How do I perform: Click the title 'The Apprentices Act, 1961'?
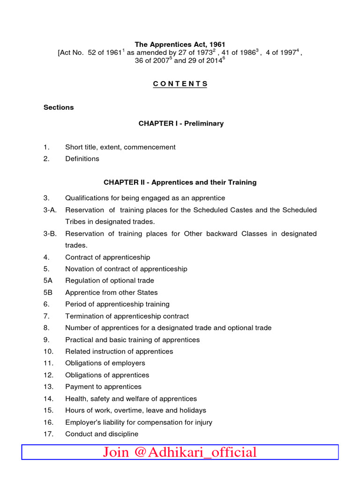point(180,45)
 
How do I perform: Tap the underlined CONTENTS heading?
point(180,84)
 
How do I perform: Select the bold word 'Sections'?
point(59,107)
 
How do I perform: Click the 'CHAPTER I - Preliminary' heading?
point(181,124)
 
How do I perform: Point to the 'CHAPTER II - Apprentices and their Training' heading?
point(180,182)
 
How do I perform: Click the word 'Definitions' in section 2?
point(82,159)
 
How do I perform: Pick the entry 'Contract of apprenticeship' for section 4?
point(107,257)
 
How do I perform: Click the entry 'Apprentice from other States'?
point(111,292)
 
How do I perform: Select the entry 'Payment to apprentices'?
point(103,387)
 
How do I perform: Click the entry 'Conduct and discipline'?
point(102,434)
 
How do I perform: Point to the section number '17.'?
point(49,434)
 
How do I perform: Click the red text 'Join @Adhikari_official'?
point(180,452)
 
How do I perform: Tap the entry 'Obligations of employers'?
point(105,363)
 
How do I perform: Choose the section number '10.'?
point(49,352)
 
